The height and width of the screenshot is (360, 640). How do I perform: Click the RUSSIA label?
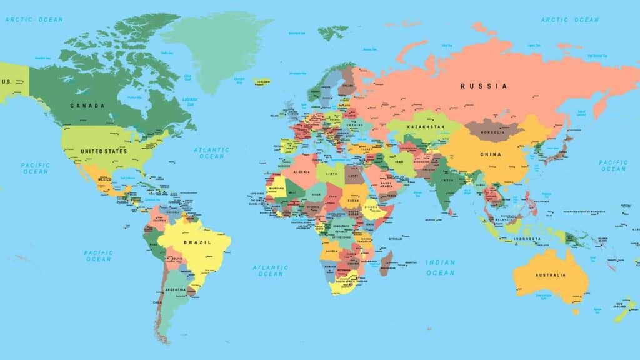(x=484, y=86)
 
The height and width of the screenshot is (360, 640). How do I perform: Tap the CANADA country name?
(x=87, y=106)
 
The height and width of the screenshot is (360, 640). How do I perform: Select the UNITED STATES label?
(x=103, y=151)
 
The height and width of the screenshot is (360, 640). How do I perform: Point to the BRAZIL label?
(x=197, y=242)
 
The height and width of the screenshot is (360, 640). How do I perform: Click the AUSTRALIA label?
(x=551, y=275)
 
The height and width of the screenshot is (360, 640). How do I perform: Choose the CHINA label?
(x=491, y=154)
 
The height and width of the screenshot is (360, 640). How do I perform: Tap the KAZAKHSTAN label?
(x=425, y=127)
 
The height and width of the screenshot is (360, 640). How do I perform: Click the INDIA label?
(x=447, y=181)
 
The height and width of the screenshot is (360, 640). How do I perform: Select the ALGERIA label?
(x=302, y=172)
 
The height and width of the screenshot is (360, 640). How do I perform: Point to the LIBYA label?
(x=331, y=173)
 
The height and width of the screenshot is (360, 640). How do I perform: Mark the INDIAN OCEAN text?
(x=440, y=267)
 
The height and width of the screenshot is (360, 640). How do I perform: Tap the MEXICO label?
(x=104, y=179)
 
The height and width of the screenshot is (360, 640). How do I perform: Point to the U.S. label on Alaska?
(x=7, y=82)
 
